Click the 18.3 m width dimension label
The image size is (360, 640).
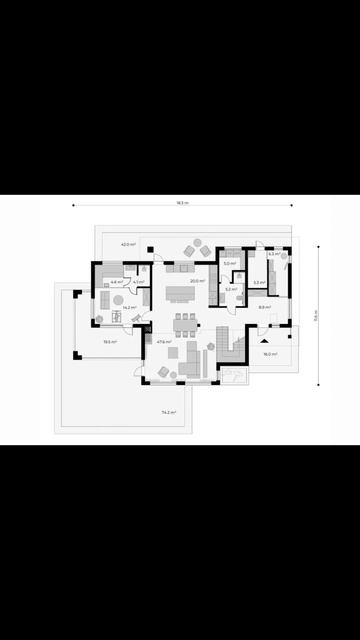point(182,203)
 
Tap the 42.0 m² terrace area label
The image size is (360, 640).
point(128,244)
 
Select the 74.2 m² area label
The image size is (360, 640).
point(168,411)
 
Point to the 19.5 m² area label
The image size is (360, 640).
point(109,342)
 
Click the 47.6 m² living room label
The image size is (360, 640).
point(164,342)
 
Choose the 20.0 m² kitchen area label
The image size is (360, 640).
point(198,281)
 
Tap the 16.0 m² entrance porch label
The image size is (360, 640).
point(270,354)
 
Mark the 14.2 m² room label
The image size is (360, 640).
point(129,308)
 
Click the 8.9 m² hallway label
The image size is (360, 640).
point(264,308)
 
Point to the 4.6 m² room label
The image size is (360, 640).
point(117,282)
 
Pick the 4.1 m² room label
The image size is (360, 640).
point(138,282)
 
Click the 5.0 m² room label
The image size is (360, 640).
point(229,264)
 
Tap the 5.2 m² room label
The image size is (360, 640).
point(229,289)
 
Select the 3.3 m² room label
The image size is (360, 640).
point(258,283)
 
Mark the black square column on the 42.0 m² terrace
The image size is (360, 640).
point(149,248)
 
